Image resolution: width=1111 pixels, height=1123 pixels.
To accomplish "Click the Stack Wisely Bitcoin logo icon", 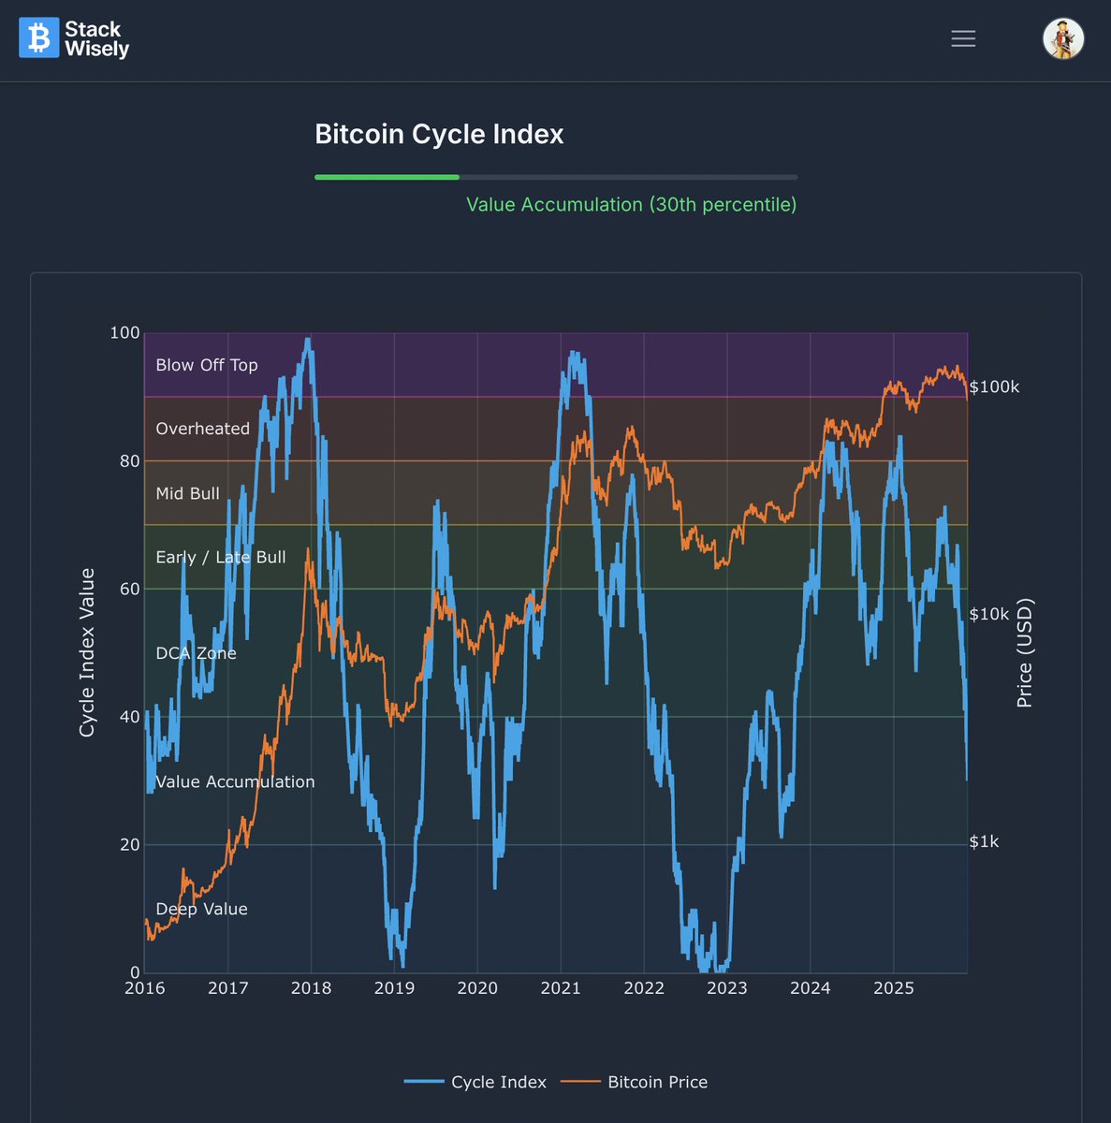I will click(x=38, y=38).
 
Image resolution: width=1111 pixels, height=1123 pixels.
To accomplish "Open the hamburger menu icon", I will click(x=963, y=38).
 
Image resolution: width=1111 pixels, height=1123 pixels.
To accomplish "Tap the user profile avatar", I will click(x=1063, y=38).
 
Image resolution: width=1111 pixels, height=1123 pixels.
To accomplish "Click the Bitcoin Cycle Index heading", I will click(x=439, y=135).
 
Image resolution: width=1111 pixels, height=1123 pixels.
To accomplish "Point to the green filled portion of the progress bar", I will click(x=387, y=177).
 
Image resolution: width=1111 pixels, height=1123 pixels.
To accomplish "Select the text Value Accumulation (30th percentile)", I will click(x=631, y=205).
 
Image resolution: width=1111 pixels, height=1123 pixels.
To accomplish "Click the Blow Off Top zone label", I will click(x=206, y=365).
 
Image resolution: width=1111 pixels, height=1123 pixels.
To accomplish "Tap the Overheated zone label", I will click(x=202, y=429).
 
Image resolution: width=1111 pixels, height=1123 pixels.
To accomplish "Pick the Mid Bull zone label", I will click(x=187, y=493).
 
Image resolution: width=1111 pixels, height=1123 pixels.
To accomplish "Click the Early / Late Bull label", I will click(x=220, y=557).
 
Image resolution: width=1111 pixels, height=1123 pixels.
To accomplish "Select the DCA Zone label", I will click(x=196, y=653).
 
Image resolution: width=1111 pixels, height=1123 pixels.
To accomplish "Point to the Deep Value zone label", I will click(x=201, y=909).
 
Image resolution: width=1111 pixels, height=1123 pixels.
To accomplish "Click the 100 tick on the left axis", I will click(x=124, y=333).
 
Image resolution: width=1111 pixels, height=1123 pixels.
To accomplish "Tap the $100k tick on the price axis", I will click(x=994, y=386).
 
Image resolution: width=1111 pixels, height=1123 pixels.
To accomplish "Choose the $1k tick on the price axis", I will click(x=984, y=841).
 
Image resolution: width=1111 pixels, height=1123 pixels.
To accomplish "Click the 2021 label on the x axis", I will click(x=560, y=988).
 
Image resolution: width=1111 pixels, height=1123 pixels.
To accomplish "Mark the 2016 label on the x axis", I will click(x=144, y=988).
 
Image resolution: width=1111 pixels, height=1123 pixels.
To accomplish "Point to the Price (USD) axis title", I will click(x=1025, y=652).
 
